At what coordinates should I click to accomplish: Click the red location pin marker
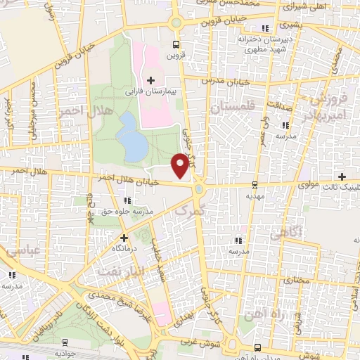tap(181, 164)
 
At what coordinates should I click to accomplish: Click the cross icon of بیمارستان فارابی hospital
tap(151, 80)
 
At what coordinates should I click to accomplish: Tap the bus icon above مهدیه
tap(255, 186)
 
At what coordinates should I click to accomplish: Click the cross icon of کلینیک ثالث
tap(342, 176)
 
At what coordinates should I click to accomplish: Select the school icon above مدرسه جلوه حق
tap(127, 202)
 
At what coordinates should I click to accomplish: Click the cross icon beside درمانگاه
tap(124, 238)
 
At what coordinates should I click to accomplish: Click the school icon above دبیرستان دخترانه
tap(265, 29)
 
